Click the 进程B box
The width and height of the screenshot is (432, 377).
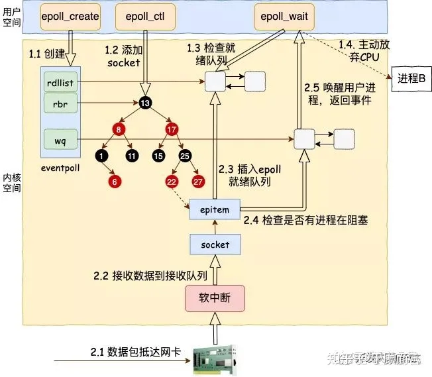coord(411,78)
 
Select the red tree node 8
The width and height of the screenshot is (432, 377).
coord(119,130)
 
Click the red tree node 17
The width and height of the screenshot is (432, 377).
coord(172,130)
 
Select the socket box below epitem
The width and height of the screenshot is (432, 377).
coord(214,244)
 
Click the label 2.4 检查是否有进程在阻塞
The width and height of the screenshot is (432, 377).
coord(305,221)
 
